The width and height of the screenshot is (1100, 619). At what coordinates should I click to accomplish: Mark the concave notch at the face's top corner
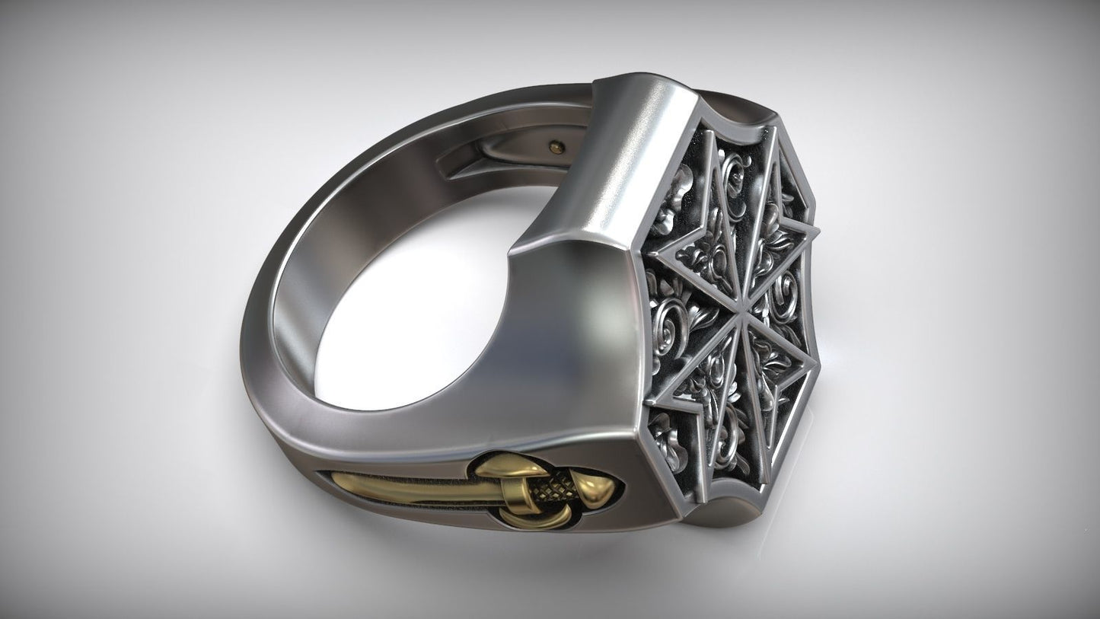(712, 99)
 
